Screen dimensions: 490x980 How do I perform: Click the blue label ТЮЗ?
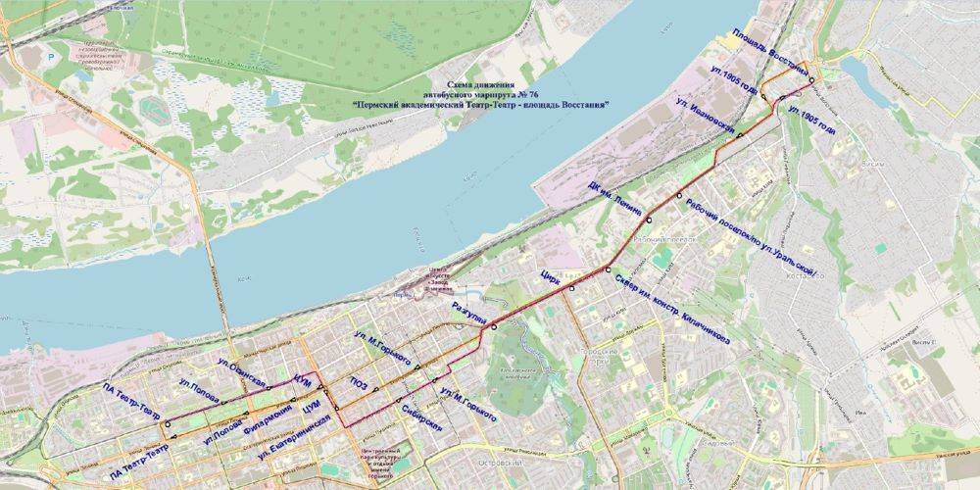pyautogui.click(x=359, y=386)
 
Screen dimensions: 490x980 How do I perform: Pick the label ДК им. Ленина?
pyautogui.click(x=615, y=199)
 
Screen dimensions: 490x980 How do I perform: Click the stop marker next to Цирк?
pyautogui.click(x=571, y=288)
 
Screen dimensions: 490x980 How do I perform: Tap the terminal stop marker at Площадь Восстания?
pyautogui.click(x=811, y=80)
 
